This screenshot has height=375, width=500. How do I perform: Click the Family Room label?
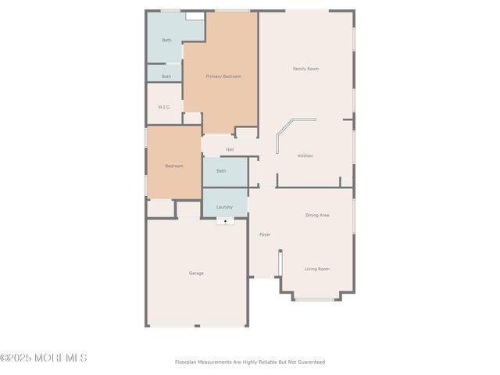coord(305,69)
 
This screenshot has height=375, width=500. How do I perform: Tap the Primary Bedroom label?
coord(223,77)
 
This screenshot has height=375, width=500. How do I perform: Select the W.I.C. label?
coord(165,107)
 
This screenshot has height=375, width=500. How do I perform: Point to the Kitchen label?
coord(305,155)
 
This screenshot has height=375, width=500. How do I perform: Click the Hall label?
coord(230,149)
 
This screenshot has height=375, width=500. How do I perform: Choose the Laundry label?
coord(225,207)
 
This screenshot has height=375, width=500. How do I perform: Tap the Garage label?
coord(196,273)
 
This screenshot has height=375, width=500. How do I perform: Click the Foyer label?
coord(265,234)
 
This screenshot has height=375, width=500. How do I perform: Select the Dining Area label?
coord(317,215)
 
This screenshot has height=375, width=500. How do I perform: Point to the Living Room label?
coord(317,269)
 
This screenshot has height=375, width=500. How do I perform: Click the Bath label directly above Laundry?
coord(221,170)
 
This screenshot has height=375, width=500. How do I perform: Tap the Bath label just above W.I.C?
coord(166,77)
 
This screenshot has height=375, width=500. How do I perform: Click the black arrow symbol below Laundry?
coord(225,222)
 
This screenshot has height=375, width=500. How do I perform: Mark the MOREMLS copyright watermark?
coord(44,358)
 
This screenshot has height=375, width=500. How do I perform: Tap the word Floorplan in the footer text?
coord(187,362)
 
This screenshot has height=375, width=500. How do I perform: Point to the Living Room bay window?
coord(316,299)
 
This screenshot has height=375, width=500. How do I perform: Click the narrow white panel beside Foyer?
coord(280,262)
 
